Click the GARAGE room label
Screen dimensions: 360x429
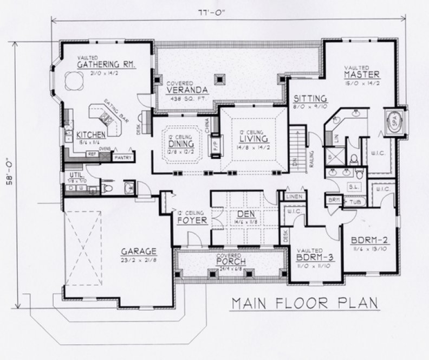[x=139, y=251]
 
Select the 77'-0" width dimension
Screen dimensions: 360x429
[x=228, y=11]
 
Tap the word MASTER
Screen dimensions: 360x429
[x=362, y=74]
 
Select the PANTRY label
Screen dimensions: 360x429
[x=122, y=157]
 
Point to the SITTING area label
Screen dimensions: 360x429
[x=310, y=99]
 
